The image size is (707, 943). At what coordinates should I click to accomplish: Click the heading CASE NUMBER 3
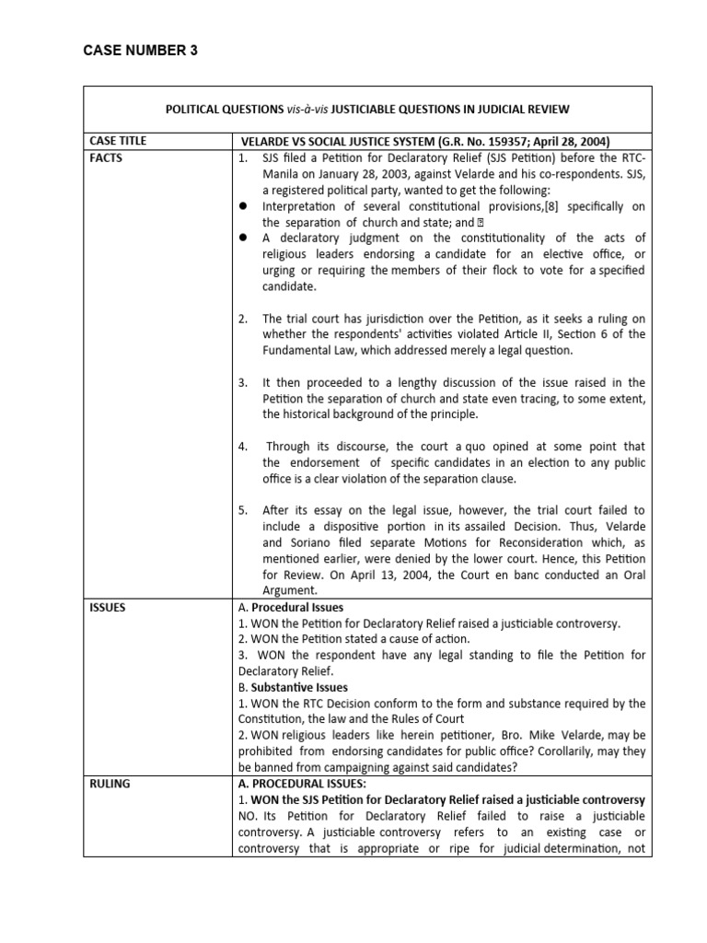tap(140, 51)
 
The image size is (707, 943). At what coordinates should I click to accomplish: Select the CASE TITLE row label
tap(118, 141)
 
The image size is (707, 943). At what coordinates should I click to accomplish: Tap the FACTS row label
tap(106, 157)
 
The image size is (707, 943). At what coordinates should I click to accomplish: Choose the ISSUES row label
tap(108, 608)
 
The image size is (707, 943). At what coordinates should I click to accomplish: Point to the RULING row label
tap(110, 784)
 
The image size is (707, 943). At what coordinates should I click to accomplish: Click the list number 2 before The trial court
tap(242, 319)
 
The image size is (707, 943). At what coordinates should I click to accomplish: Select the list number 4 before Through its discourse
tap(242, 447)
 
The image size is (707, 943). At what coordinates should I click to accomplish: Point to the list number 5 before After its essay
tap(242, 510)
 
